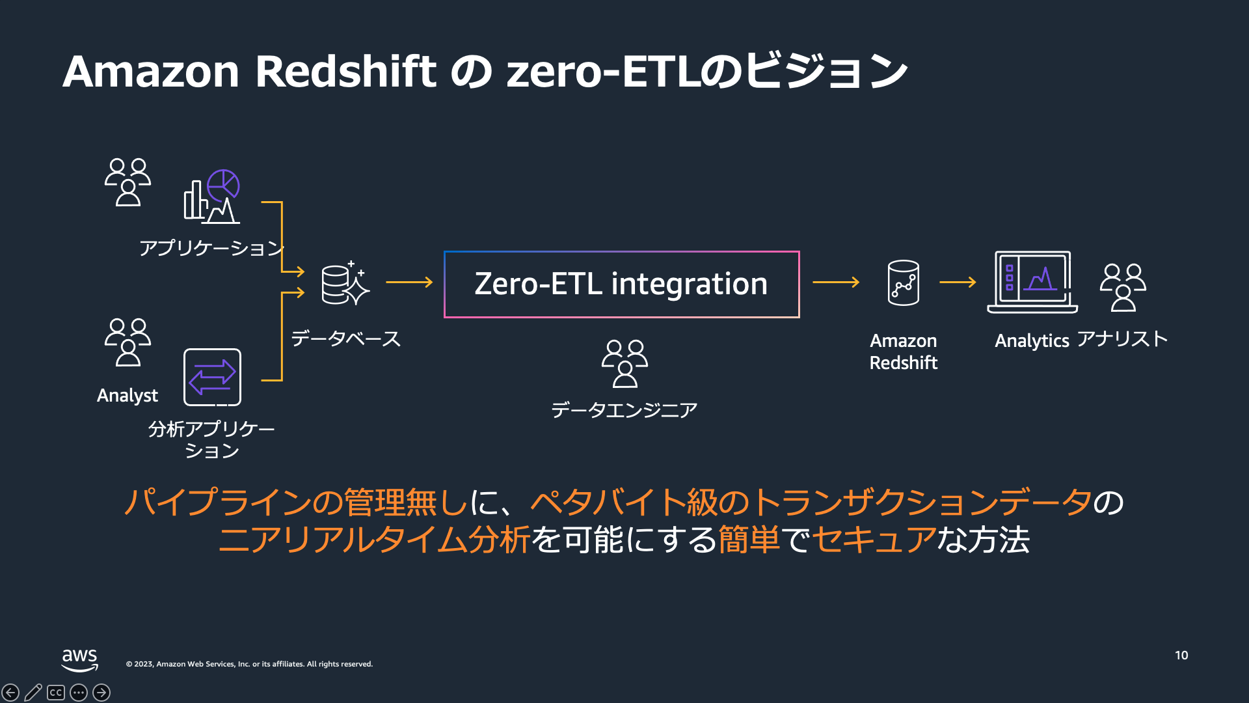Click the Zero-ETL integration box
(x=621, y=284)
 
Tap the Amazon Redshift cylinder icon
(x=904, y=283)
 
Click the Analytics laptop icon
(x=1032, y=283)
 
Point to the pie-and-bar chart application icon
(x=212, y=197)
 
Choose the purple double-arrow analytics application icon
(x=212, y=378)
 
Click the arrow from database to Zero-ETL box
(x=409, y=283)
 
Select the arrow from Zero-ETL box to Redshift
(x=836, y=283)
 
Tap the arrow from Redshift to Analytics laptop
(x=958, y=283)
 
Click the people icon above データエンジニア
(x=624, y=363)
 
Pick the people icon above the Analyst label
(x=128, y=342)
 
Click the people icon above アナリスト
(x=1123, y=287)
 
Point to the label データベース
(x=345, y=338)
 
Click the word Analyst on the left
(x=128, y=395)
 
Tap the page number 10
(x=1181, y=655)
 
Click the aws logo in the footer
(x=79, y=659)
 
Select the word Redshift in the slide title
(x=345, y=71)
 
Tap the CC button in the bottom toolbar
(x=56, y=693)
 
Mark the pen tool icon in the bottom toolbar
(x=33, y=693)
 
